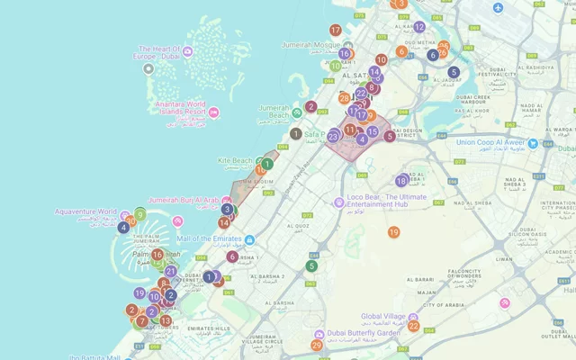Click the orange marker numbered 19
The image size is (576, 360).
tap(393, 232)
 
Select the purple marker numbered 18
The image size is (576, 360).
tap(401, 180)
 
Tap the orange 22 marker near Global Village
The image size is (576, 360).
tap(413, 326)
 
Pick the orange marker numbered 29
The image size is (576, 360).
tap(317, 345)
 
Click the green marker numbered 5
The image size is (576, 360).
tap(311, 265)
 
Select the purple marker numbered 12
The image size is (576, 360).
tap(418, 27)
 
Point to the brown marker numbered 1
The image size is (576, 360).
tap(295, 133)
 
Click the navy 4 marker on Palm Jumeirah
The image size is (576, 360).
tap(123, 227)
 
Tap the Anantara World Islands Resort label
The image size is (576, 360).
tap(169, 109)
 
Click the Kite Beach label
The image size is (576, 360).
tap(235, 161)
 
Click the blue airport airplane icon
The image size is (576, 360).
tap(498, 8)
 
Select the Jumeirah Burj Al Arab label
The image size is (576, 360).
tap(183, 200)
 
